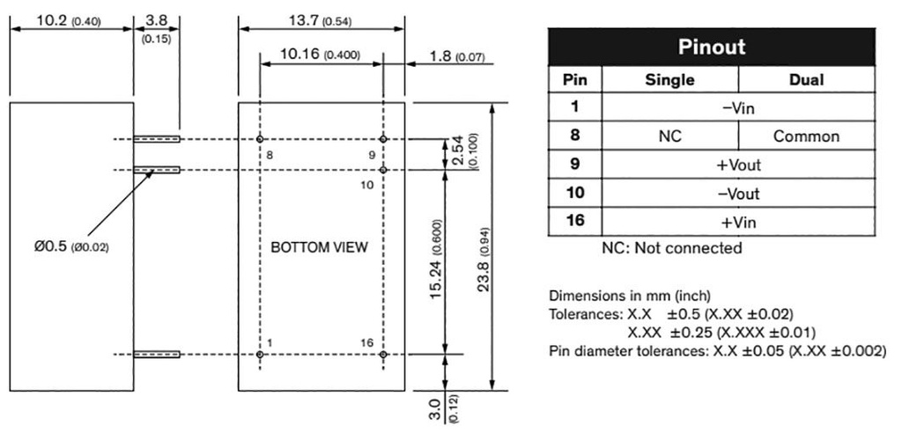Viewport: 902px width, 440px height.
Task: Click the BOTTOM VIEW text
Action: [319, 247]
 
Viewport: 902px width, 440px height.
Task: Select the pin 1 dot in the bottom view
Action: [260, 355]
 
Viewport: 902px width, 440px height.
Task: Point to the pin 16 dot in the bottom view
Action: [383, 355]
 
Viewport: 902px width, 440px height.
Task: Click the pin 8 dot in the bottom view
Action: [260, 139]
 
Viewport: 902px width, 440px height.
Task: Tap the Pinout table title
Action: [711, 47]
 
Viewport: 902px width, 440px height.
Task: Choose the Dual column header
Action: [807, 80]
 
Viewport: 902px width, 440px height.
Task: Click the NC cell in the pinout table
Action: [670, 136]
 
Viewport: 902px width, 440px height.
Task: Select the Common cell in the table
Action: [806, 136]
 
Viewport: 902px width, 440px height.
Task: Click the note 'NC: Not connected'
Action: [671, 248]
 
